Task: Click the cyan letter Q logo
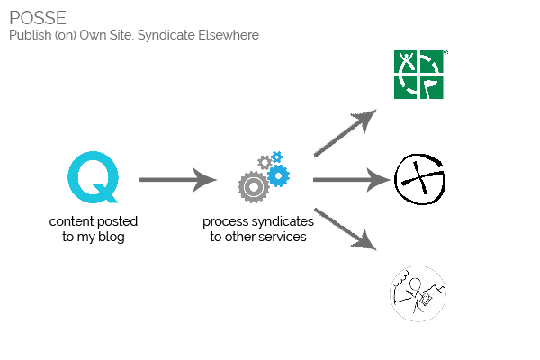[x=93, y=176]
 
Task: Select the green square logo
[x=420, y=74]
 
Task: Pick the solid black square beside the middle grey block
[x=419, y=179]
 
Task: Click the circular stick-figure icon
[x=418, y=293]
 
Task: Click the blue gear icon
[x=277, y=171]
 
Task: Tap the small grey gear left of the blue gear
[x=265, y=162]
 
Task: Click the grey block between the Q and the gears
[x=178, y=180]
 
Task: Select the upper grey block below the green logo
[x=354, y=127]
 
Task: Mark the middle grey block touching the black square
[x=361, y=180]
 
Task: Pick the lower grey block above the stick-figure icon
[x=354, y=234]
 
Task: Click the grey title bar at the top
[x=135, y=26]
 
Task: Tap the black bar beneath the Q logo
[x=93, y=235]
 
